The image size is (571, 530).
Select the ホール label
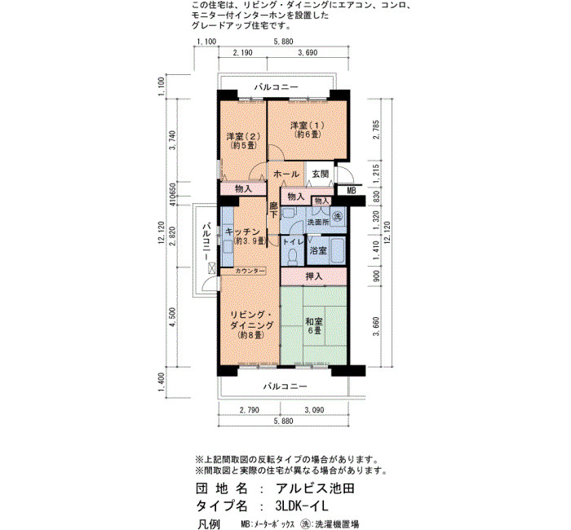[x=285, y=174]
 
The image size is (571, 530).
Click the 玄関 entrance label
[x=321, y=174]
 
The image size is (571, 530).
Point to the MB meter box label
[x=351, y=190]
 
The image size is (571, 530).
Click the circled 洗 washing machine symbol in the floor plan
[x=338, y=217]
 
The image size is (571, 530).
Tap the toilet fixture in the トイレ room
[x=292, y=258]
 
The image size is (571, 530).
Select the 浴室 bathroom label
[x=318, y=250]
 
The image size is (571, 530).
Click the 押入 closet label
[x=313, y=276]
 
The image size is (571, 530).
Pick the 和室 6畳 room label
[x=313, y=326]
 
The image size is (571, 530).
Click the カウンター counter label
[x=250, y=271]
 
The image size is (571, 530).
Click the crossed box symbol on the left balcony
[x=211, y=269]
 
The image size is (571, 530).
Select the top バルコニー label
[x=276, y=87]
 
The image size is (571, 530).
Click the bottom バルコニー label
[x=285, y=386]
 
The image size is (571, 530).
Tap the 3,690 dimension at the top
[x=308, y=53]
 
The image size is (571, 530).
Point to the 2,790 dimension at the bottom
[x=250, y=410]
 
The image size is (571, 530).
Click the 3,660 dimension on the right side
[x=377, y=326]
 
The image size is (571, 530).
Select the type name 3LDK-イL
[x=303, y=506]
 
